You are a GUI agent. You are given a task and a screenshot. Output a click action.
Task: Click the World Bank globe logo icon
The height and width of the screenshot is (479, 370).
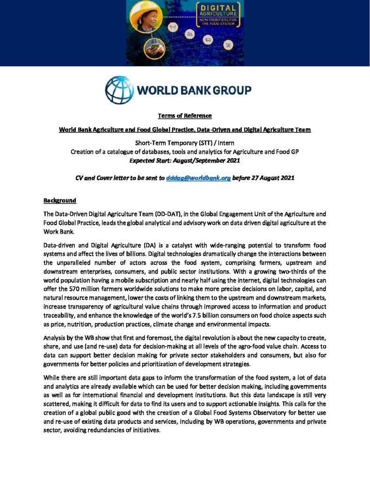(x=119, y=90)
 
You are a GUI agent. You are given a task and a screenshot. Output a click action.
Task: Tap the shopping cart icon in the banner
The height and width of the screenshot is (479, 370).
(x=228, y=45)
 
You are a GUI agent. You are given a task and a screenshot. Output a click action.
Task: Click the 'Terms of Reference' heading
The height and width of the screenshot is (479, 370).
(x=185, y=116)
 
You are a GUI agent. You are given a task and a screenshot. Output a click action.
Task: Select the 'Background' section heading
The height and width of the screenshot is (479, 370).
(x=59, y=200)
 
